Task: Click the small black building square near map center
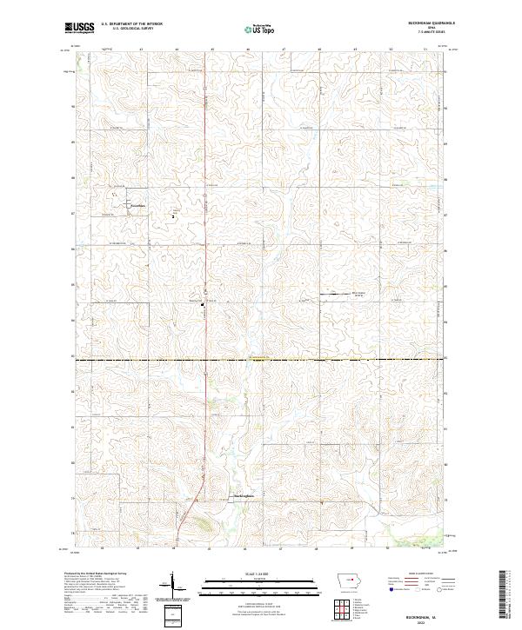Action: pyautogui.click(x=204, y=304)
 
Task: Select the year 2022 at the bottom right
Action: pyautogui.click(x=408, y=621)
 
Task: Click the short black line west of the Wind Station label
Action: pyautogui.click(x=335, y=295)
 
